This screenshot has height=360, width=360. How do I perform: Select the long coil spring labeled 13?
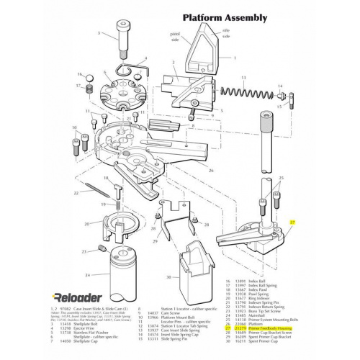[x=245, y=94]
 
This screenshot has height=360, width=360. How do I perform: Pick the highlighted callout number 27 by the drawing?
[x=292, y=223]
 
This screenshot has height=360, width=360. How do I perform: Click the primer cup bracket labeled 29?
[x=176, y=217]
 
